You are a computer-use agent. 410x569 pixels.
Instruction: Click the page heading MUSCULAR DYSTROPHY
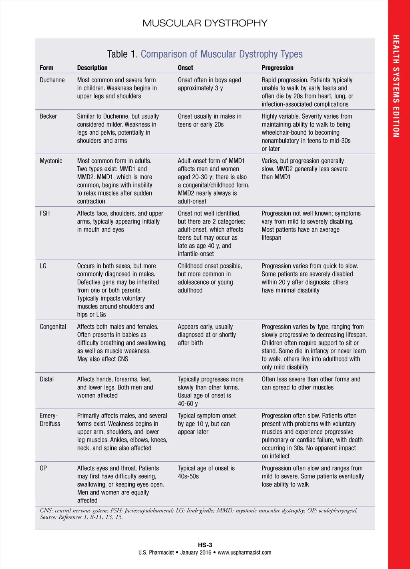point(205,23)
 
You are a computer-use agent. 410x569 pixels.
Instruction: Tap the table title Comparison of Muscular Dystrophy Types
point(221,54)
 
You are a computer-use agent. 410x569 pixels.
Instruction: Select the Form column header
point(46,68)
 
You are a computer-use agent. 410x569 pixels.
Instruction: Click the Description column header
point(92,68)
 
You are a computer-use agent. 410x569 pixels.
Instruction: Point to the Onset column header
point(185,68)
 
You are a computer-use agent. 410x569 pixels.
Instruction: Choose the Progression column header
point(277,68)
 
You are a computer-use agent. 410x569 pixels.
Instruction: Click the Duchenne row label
point(52,80)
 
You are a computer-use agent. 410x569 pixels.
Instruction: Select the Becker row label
point(48,116)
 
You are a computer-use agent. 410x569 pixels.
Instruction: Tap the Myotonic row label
point(51,161)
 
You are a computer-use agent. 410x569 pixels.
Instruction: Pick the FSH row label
point(45,213)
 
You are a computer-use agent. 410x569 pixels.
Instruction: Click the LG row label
point(43,266)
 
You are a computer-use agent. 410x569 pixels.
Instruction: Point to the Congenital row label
point(53,327)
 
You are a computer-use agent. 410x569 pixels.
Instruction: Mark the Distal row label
point(46,379)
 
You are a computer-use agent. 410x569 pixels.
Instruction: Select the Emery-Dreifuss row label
point(50,420)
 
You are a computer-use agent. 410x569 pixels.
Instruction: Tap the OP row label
point(43,468)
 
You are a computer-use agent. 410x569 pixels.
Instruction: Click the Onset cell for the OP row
point(206,472)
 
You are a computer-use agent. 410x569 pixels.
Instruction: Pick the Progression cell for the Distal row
point(311,383)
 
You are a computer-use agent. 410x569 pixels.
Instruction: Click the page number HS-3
point(205,545)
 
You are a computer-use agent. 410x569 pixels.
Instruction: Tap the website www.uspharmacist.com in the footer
point(244,553)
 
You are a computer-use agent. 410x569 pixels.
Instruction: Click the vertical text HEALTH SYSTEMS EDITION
point(396,86)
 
